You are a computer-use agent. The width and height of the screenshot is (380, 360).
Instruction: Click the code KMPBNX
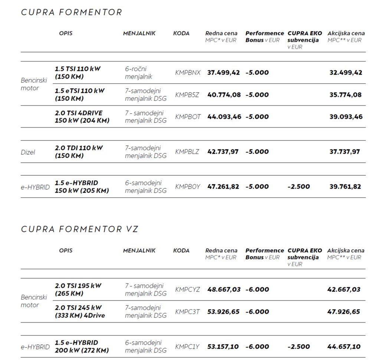tap(188, 72)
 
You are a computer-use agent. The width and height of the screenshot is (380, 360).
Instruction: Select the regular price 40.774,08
tap(224, 95)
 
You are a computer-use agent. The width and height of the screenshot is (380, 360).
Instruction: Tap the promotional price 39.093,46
tap(346, 117)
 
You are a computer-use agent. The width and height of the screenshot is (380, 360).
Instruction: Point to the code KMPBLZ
tap(187, 152)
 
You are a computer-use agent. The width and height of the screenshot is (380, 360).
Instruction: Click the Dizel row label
tap(28, 152)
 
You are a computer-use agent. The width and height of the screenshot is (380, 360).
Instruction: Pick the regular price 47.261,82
tap(223, 187)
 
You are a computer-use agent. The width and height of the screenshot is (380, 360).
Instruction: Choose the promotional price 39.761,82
tap(345, 187)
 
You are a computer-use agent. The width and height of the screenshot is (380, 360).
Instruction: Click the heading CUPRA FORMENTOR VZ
tap(80, 229)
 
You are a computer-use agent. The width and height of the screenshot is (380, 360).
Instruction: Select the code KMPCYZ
tap(187, 289)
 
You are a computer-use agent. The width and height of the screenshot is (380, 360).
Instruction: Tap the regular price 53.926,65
tap(223, 312)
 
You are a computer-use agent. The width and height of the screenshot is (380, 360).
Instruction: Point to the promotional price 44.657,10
tap(344, 347)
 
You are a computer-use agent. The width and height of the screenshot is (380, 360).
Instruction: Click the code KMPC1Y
tap(187, 347)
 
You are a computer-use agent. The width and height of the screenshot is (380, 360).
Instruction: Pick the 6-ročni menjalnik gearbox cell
tap(138, 73)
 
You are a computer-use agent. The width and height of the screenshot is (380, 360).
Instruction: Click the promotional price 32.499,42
tap(346, 72)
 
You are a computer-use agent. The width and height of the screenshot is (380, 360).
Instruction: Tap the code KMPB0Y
tap(187, 187)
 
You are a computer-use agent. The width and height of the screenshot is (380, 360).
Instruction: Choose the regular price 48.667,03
tap(224, 289)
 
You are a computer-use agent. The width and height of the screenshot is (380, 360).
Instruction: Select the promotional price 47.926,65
tap(344, 312)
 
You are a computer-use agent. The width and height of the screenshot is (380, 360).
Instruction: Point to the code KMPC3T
tap(187, 312)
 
